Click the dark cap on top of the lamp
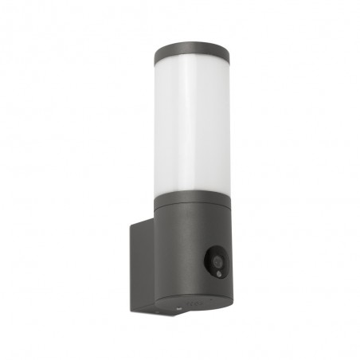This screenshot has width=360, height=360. click(191, 53)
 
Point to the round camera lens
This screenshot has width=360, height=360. click(217, 259)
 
